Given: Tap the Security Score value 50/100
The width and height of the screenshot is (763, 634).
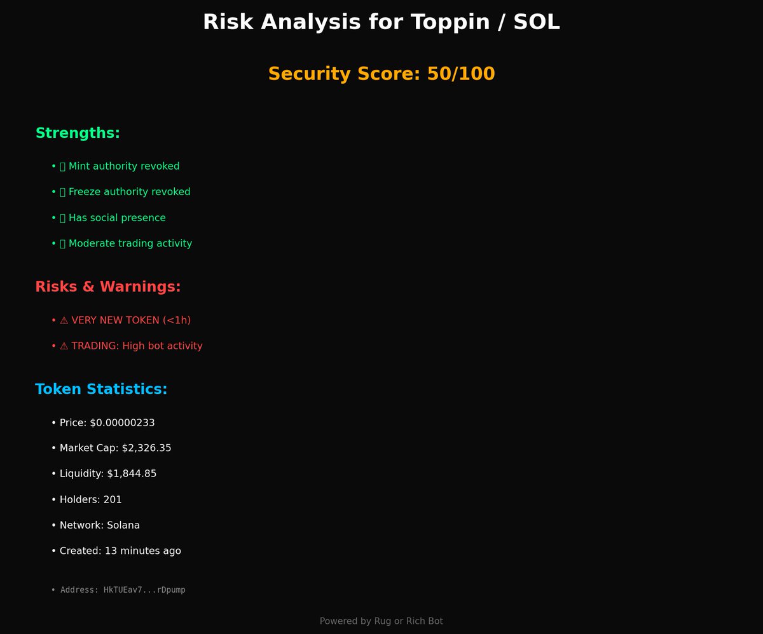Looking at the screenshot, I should pyautogui.click(x=460, y=74).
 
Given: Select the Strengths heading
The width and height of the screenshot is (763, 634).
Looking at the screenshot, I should pyautogui.click(x=78, y=133).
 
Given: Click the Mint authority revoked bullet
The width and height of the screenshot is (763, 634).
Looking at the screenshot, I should pyautogui.click(x=123, y=166).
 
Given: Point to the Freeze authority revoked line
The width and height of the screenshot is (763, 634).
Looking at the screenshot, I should pyautogui.click(x=129, y=192).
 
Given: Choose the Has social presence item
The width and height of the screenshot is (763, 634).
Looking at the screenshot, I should pyautogui.click(x=116, y=218).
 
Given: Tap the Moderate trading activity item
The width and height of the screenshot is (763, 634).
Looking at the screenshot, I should pyautogui.click(x=130, y=243).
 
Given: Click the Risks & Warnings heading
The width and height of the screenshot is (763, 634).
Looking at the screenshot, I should pyautogui.click(x=108, y=287).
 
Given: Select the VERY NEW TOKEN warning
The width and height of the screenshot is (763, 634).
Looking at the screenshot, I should pyautogui.click(x=130, y=320).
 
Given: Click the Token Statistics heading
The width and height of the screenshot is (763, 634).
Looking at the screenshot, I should pyautogui.click(x=101, y=389).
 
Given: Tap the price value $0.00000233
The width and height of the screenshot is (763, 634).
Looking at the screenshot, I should pyautogui.click(x=122, y=423).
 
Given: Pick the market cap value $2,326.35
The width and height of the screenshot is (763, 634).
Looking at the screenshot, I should pyautogui.click(x=146, y=449).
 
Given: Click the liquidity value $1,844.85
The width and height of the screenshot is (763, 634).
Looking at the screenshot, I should pyautogui.click(x=132, y=474).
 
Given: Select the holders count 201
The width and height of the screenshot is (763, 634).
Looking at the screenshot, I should pyautogui.click(x=113, y=500).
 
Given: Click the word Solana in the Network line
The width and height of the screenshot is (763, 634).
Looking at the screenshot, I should pyautogui.click(x=123, y=525).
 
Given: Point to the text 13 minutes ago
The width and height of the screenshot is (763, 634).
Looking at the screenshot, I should pyautogui.click(x=142, y=551).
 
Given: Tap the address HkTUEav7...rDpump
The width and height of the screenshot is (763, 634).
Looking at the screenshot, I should pyautogui.click(x=144, y=590).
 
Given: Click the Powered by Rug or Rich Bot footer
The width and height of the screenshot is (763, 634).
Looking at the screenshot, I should pyautogui.click(x=381, y=621).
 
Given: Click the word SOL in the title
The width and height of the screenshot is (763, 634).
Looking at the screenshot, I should pyautogui.click(x=537, y=22).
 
